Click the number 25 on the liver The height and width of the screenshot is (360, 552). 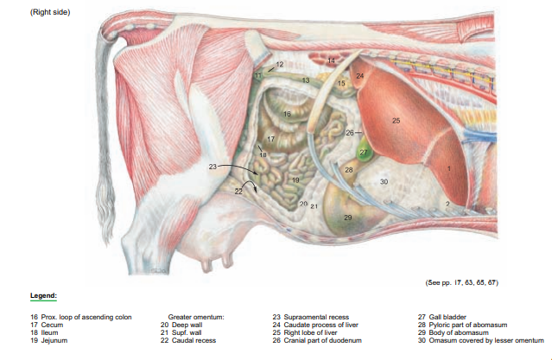(396, 120)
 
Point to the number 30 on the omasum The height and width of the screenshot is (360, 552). (384, 180)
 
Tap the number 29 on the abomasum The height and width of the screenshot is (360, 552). (347, 217)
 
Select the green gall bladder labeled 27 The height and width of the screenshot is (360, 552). (364, 152)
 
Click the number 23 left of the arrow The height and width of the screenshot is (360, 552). (213, 165)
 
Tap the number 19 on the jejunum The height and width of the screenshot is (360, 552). (295, 180)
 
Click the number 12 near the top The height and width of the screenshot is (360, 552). (280, 65)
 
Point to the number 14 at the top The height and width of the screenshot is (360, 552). (332, 60)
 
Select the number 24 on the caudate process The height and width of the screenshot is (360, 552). (360, 76)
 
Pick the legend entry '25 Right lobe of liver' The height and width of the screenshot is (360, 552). (310, 332)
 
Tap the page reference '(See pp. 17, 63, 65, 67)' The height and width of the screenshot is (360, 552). (462, 281)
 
